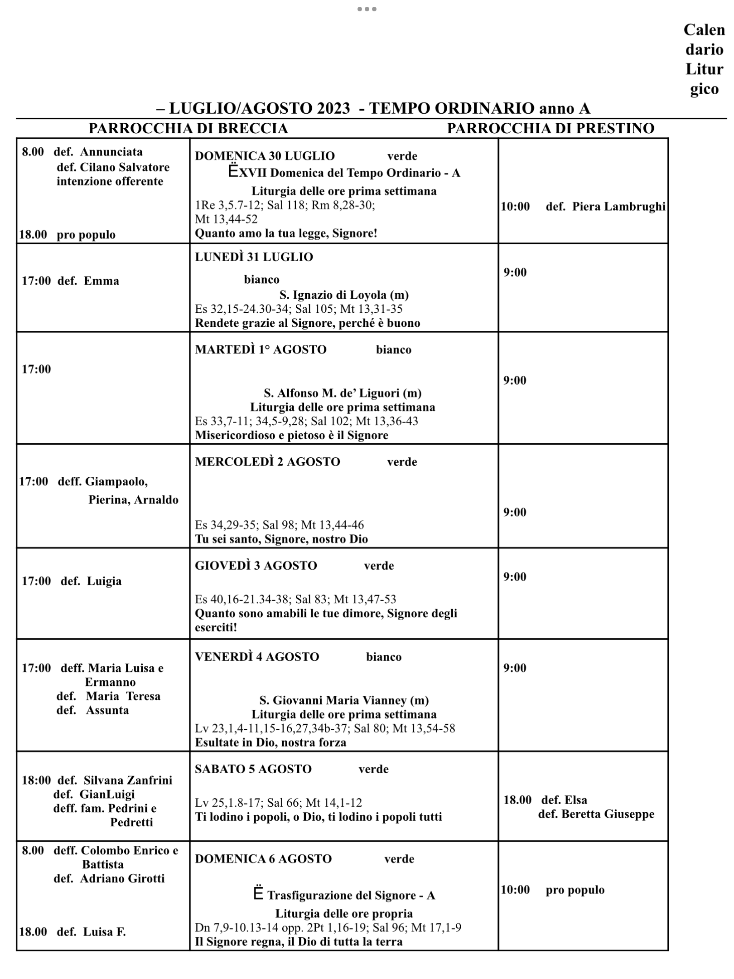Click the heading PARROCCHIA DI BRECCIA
pos(188,128)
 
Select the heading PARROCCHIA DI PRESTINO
pos(550,128)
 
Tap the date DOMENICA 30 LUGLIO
pos(265,156)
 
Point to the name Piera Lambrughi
pos(618,207)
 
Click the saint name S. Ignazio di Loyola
pos(343,295)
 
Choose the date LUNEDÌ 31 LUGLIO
pos(254,257)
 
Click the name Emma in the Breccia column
pos(101,281)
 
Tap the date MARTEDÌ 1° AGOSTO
pos(261,349)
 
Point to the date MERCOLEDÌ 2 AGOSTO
pos(267,462)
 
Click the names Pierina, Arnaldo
pos(133,500)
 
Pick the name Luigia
pos(104,581)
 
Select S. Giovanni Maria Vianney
pos(343,700)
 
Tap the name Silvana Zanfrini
pos(128,780)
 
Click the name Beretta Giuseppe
pos(608,814)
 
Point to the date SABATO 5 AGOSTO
pos(253,769)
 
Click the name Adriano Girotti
pos(122,878)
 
